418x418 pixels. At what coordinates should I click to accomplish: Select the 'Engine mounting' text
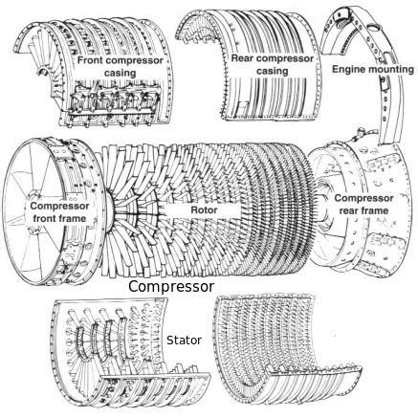tap(372, 70)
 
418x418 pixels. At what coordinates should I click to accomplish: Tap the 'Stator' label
tap(183, 339)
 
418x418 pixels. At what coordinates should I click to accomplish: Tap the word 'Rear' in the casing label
tap(248, 58)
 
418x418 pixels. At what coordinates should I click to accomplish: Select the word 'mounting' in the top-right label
tap(388, 70)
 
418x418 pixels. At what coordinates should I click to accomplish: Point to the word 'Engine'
tap(348, 70)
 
